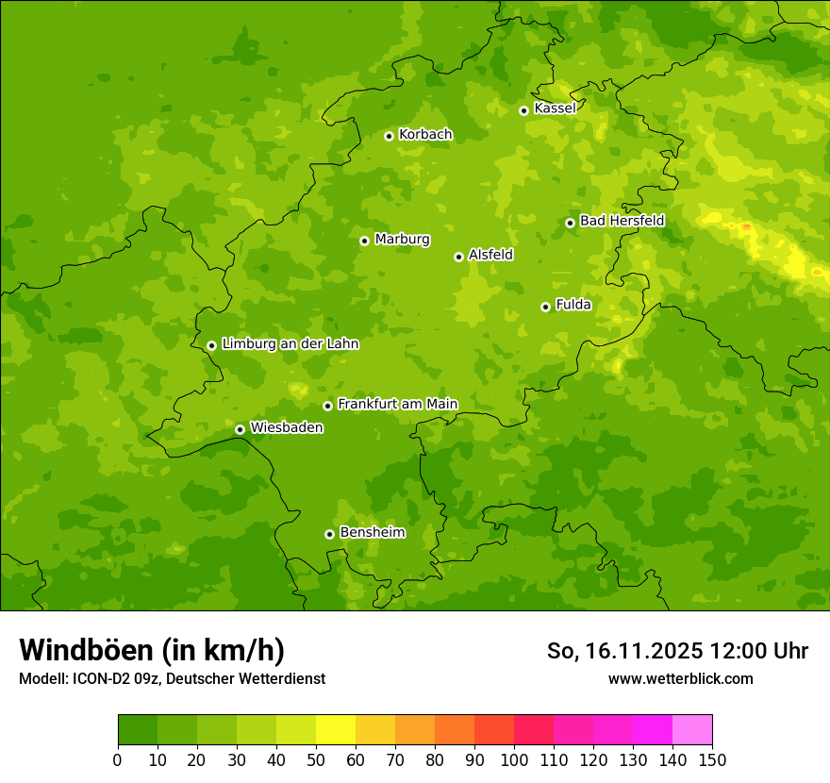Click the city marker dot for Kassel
click(x=523, y=110)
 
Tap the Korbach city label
click(x=425, y=135)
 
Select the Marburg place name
click(x=402, y=240)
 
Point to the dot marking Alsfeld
click(x=458, y=257)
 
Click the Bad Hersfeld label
click(x=622, y=221)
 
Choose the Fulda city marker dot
click(x=545, y=307)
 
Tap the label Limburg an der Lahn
click(x=290, y=344)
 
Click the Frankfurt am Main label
click(x=397, y=405)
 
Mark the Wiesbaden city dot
click(x=240, y=429)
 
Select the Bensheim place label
click(x=372, y=533)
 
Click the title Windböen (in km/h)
click(x=152, y=650)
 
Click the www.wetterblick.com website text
click(x=680, y=679)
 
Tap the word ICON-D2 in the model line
click(x=103, y=679)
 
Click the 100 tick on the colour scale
click(x=514, y=759)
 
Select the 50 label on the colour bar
click(x=316, y=759)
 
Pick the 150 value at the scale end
click(x=712, y=759)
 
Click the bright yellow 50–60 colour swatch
click(x=336, y=729)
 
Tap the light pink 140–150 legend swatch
click(x=692, y=729)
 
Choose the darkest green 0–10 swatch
click(x=138, y=729)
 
